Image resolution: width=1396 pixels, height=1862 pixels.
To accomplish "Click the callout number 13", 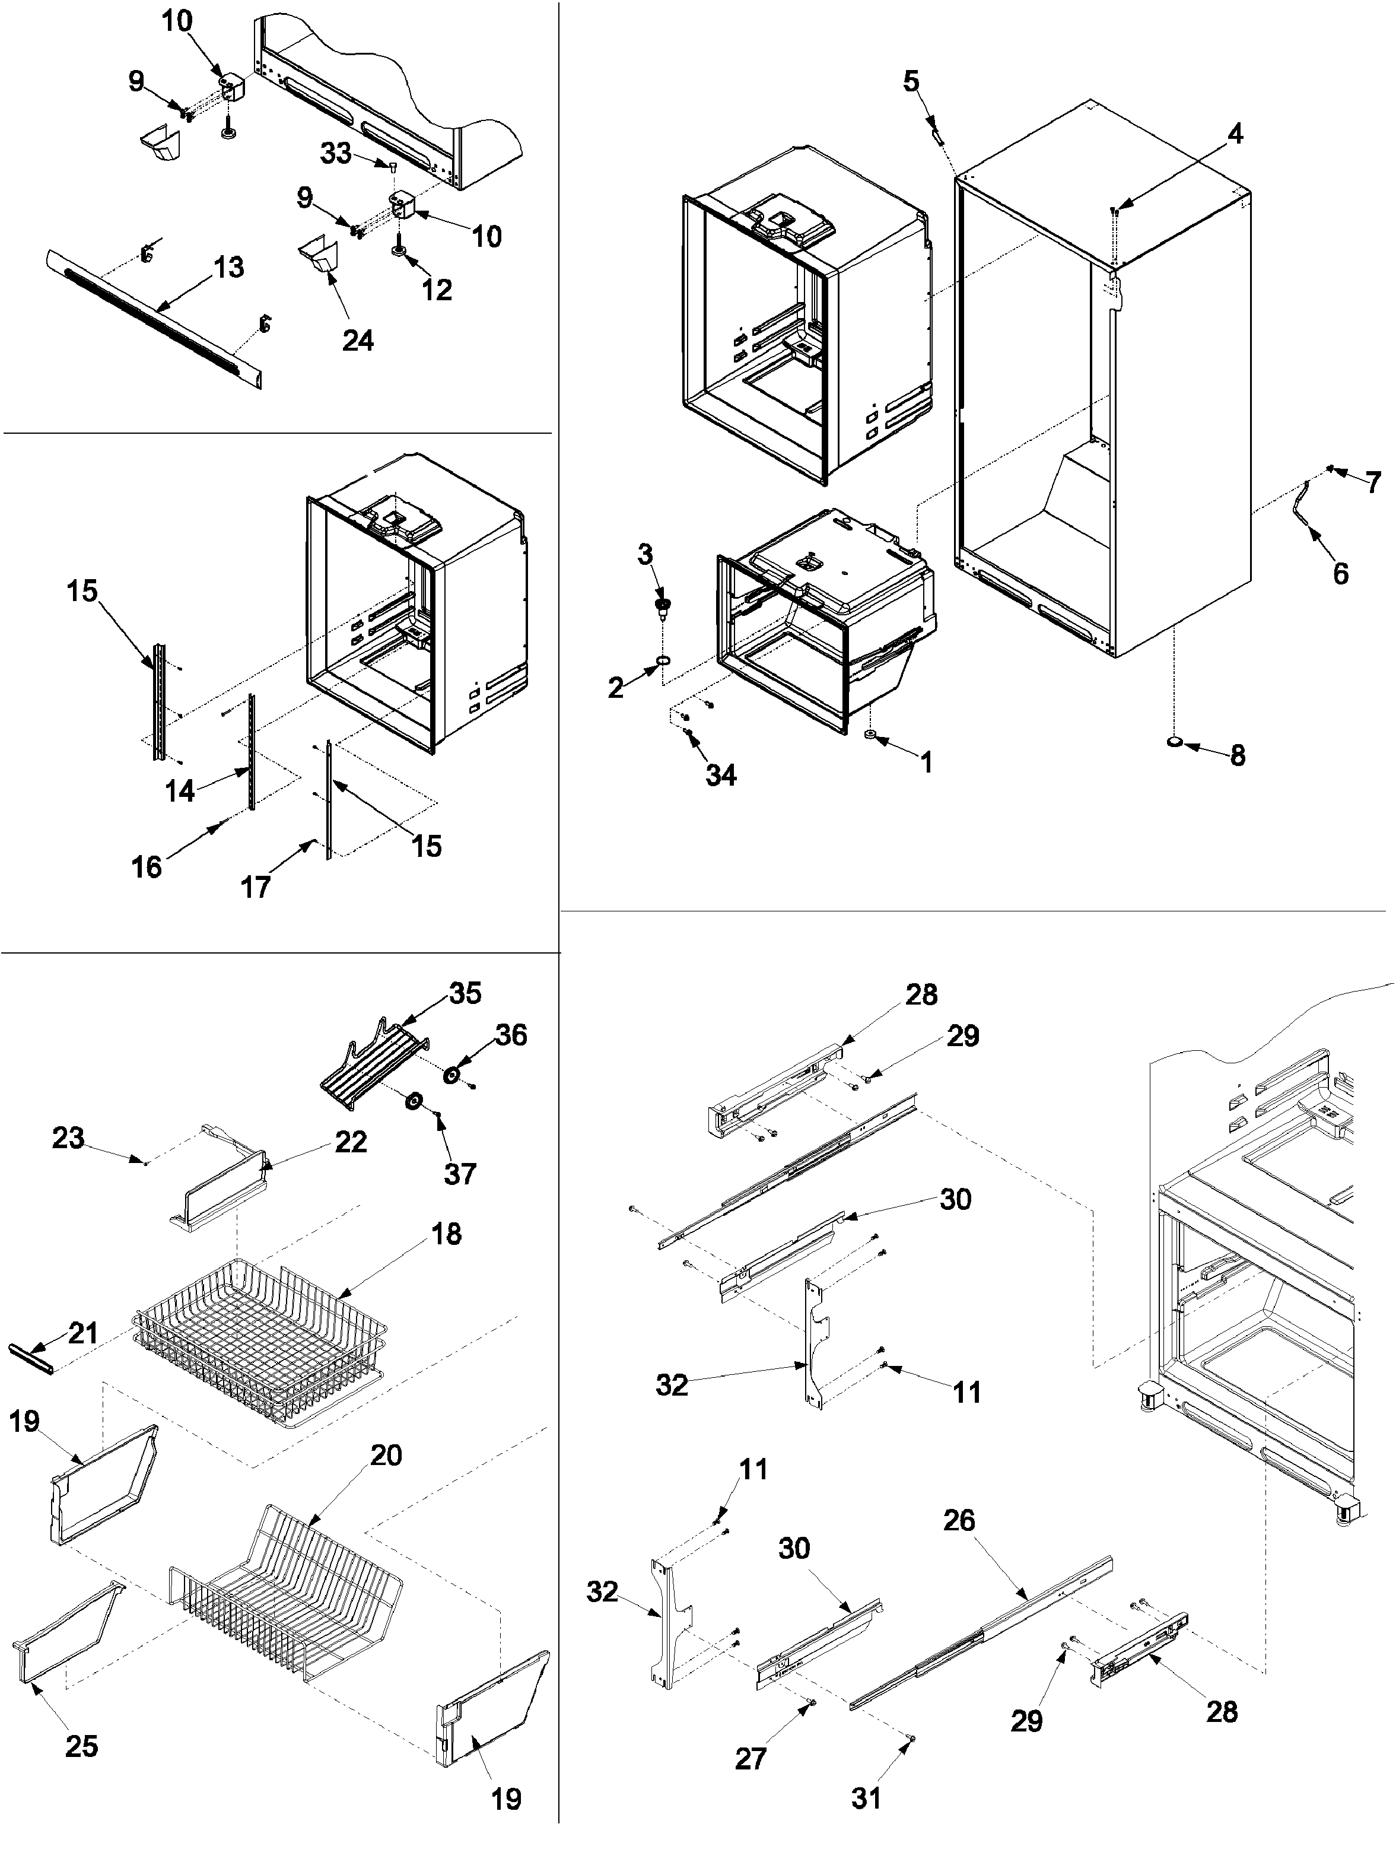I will tap(228, 268).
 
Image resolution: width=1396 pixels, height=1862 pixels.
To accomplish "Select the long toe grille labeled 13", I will tap(151, 316).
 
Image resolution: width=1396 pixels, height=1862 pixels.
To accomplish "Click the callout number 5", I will tap(911, 82).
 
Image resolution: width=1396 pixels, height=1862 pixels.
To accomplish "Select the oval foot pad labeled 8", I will tap(1175, 742).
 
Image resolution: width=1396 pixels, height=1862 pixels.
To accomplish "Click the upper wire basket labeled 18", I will tap(261, 1339).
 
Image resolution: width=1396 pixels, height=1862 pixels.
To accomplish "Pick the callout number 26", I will tap(958, 1520).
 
